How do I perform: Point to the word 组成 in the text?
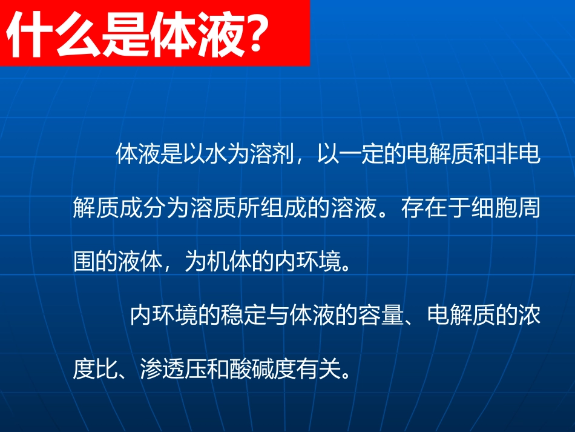coord(306,210)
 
